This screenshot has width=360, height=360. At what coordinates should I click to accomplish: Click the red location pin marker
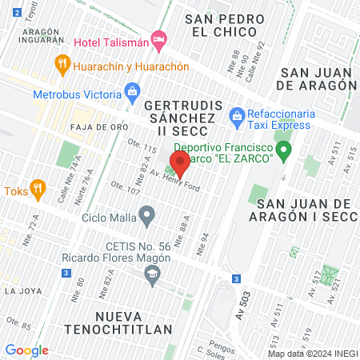[x=179, y=165]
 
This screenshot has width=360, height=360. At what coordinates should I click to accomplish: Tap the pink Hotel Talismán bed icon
[x=159, y=38]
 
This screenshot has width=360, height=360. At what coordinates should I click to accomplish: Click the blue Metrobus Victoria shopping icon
[x=130, y=94]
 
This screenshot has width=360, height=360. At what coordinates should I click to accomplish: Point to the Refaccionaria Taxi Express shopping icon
[x=236, y=118]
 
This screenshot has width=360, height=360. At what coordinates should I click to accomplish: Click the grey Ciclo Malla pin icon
[x=146, y=214]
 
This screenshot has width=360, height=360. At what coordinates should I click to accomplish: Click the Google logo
[x=26, y=350]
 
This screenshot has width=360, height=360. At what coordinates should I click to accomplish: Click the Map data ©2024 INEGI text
[x=313, y=354]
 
